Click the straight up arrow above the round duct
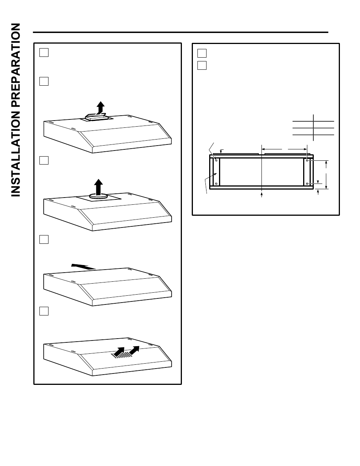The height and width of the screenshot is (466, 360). [98, 186]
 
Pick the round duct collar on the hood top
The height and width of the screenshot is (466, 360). [98, 196]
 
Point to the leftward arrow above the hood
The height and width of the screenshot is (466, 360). [83, 267]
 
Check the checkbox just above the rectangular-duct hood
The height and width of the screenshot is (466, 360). [44, 81]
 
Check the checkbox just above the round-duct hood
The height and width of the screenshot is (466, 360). [44, 160]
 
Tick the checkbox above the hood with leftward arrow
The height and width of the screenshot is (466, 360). [44, 240]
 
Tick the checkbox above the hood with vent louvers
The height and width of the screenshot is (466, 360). [44, 311]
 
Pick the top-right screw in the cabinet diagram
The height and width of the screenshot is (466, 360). [307, 161]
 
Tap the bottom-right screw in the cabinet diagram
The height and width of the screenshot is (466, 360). [307, 184]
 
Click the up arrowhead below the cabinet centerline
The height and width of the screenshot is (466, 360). [262, 194]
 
